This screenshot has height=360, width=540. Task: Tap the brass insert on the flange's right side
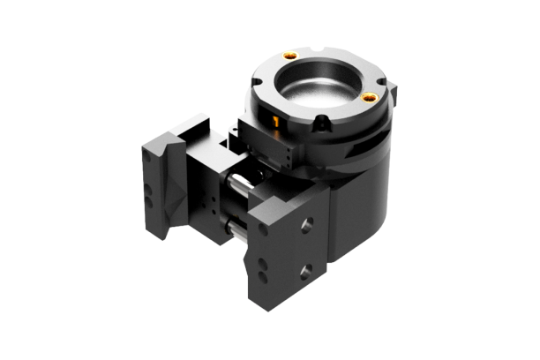pyautogui.click(x=370, y=95)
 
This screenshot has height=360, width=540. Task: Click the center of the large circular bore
pyautogui.click(x=321, y=87)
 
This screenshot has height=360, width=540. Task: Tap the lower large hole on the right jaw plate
pyautogui.click(x=305, y=269)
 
